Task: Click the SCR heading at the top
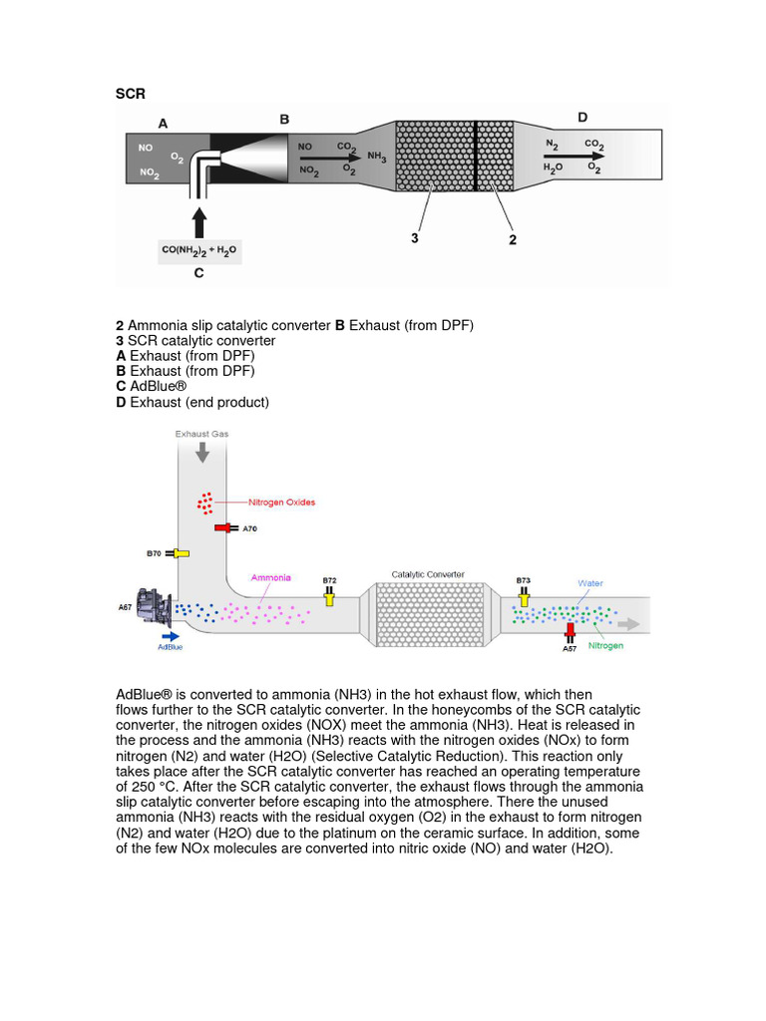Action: (131, 94)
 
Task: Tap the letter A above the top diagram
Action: (164, 124)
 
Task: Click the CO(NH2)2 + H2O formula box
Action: (199, 249)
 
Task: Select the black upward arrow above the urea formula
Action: (199, 220)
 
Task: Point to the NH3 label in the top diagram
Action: (377, 157)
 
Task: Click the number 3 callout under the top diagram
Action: (414, 238)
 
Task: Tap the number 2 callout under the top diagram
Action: (513, 239)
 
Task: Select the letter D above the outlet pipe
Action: (582, 118)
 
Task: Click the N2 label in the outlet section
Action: (552, 145)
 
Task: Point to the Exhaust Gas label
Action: (202, 434)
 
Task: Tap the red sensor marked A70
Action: (221, 528)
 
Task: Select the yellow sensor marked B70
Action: (180, 552)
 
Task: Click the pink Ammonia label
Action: (270, 577)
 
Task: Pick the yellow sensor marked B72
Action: (329, 595)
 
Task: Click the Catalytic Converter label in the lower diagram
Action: (428, 574)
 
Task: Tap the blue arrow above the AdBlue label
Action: (170, 633)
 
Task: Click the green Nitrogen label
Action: (604, 645)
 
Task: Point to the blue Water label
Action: (590, 583)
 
